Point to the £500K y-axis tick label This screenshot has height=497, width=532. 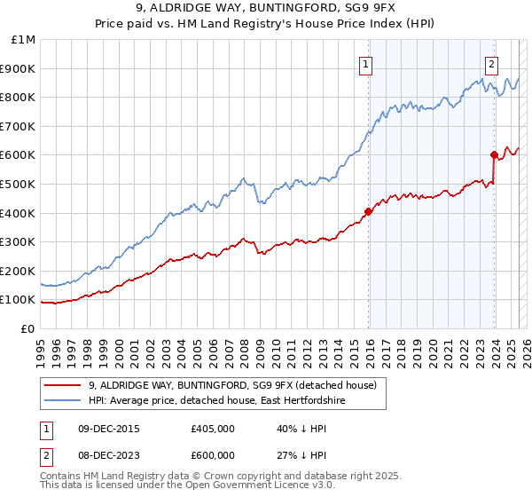(19, 184)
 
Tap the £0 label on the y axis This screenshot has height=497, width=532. (29, 328)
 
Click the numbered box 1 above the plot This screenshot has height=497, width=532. (366, 63)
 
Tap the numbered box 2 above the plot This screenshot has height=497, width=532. (491, 63)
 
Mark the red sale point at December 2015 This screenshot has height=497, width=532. (367, 211)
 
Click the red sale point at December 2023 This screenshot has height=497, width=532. (494, 154)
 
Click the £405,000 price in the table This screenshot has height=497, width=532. (213, 429)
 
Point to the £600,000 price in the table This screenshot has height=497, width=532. (213, 455)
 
